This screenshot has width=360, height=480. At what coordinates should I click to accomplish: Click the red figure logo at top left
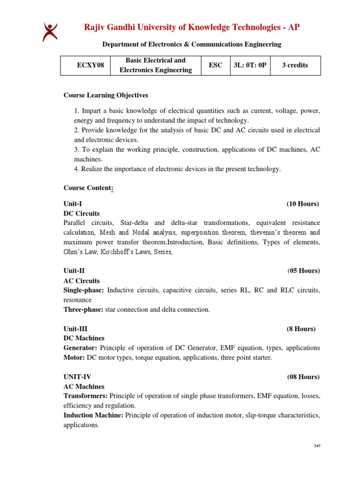[x=50, y=32]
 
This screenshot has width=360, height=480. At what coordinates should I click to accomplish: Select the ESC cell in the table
[x=215, y=65]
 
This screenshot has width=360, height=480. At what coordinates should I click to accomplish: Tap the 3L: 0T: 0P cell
[x=249, y=65]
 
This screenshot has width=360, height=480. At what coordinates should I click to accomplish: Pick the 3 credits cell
[x=295, y=65]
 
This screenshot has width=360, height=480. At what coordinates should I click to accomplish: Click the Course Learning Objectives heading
[x=105, y=95]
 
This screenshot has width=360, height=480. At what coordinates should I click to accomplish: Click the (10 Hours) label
[x=302, y=204]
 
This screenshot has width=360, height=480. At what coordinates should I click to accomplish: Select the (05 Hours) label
[x=303, y=271]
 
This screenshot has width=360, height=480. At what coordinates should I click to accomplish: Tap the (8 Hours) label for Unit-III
[x=301, y=329]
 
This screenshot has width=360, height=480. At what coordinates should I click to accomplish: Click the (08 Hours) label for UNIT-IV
[x=303, y=377]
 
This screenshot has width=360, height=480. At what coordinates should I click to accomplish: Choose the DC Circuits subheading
[x=82, y=213]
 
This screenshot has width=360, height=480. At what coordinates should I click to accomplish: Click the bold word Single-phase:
[x=84, y=290]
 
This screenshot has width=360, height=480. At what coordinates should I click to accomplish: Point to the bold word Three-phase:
[x=83, y=309]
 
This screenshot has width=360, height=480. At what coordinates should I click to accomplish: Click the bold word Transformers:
[x=87, y=396]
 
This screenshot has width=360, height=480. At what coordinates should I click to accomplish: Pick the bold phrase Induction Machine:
[x=93, y=415]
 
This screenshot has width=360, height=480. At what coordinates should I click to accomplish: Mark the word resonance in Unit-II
[x=77, y=300]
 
